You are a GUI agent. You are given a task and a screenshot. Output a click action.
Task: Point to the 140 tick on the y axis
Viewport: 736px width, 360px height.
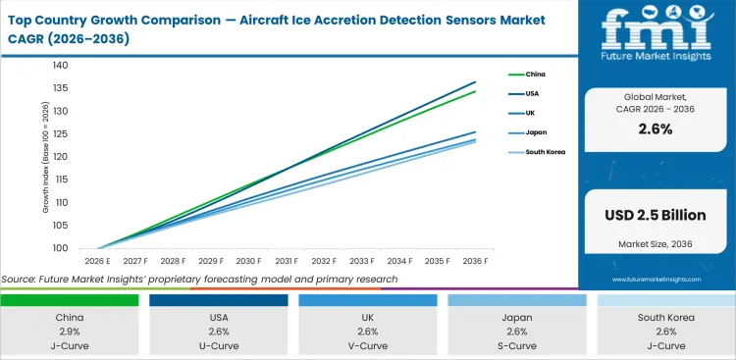(61, 66)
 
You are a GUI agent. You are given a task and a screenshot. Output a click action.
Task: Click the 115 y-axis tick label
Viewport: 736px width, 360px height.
(61, 180)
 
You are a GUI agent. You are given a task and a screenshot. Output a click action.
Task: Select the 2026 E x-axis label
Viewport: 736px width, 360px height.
(97, 262)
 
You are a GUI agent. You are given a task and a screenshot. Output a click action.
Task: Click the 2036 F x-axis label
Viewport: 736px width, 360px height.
(475, 262)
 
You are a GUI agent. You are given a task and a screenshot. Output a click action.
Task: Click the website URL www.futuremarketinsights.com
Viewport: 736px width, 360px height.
(657, 280)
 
